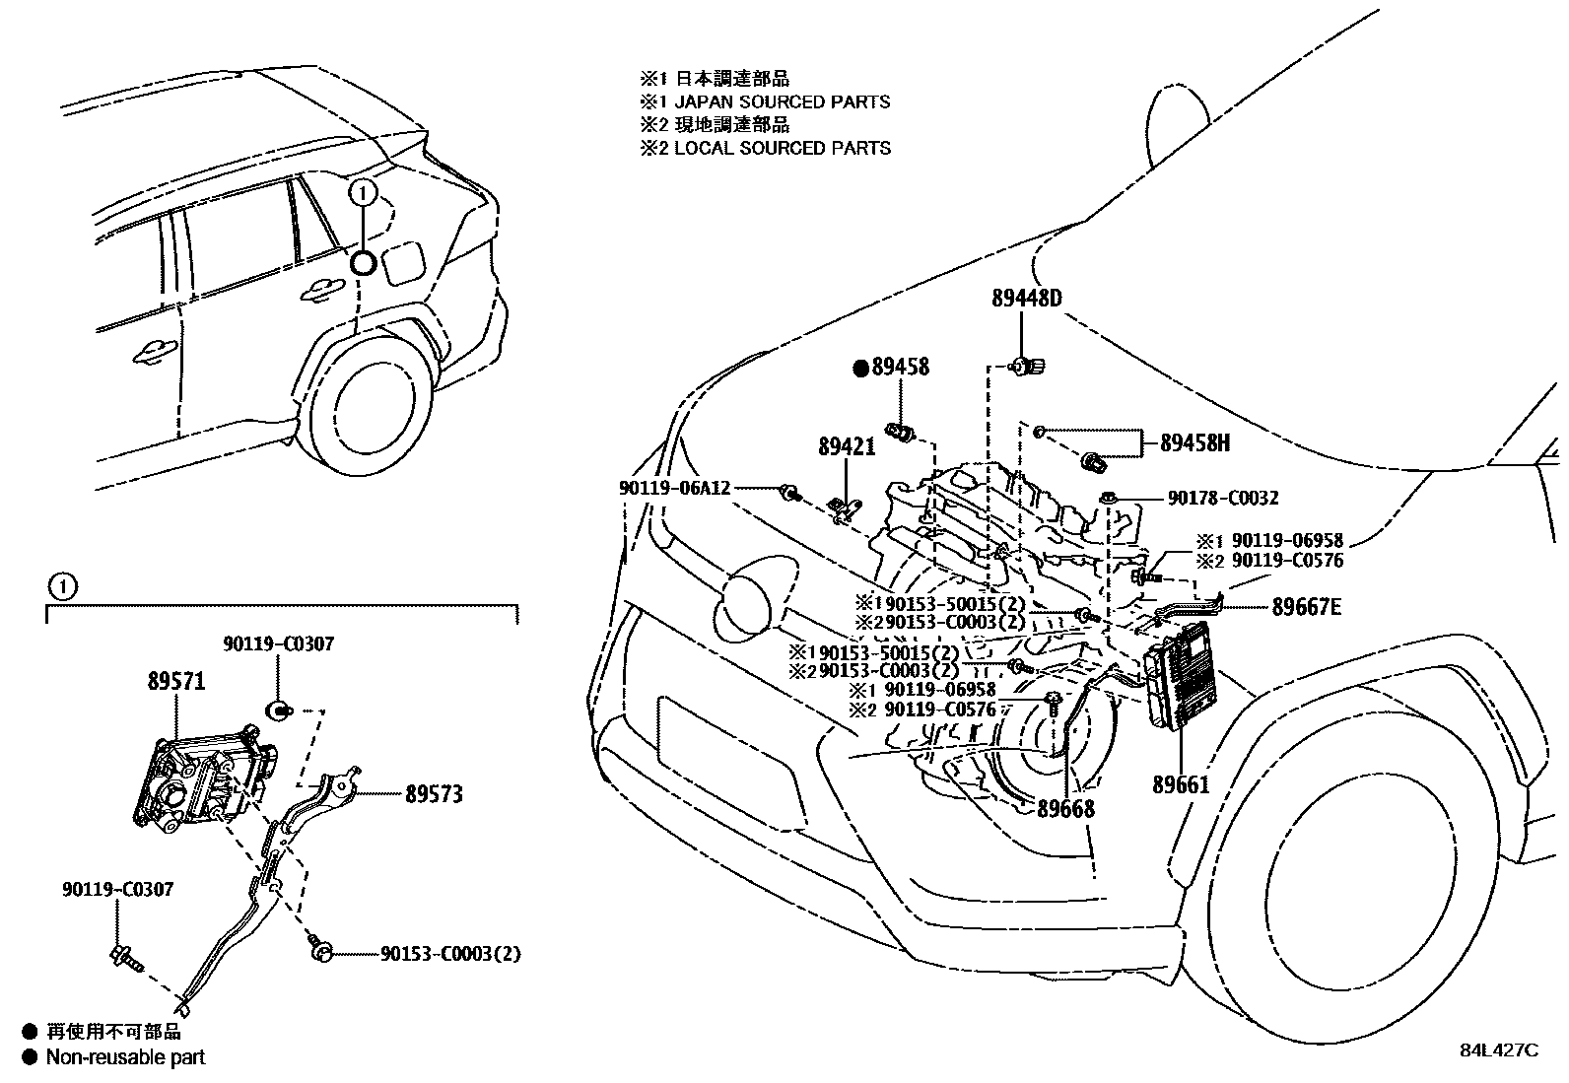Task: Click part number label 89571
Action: click(177, 682)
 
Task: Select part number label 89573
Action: click(433, 794)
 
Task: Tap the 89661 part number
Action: click(1181, 785)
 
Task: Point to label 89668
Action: click(1065, 808)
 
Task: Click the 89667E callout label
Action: click(1307, 607)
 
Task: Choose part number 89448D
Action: click(1026, 299)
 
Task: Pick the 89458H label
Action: click(1194, 443)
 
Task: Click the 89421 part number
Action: click(847, 447)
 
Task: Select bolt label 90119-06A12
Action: click(675, 487)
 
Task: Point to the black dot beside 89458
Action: click(860, 368)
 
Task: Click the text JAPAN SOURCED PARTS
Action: click(782, 102)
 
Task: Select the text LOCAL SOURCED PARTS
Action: click(782, 148)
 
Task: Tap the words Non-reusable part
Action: click(126, 1057)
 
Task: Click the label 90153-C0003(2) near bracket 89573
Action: click(450, 953)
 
